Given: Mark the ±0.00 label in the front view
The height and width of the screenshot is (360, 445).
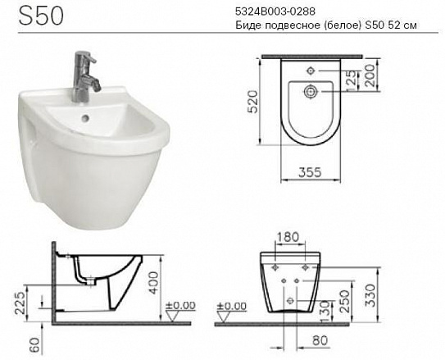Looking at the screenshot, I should pos(234,305).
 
